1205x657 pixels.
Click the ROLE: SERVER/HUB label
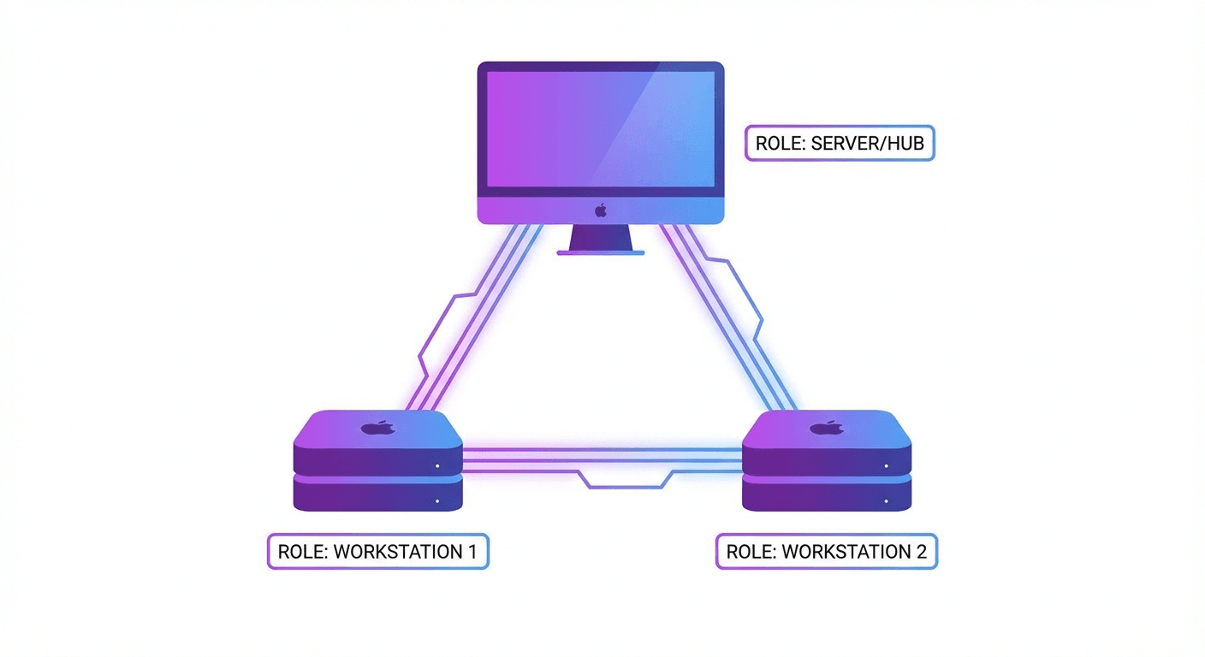[x=840, y=143]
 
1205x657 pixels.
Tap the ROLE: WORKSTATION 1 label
[x=377, y=552]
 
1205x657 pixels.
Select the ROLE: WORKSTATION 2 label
[x=826, y=552]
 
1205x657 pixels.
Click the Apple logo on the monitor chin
[x=601, y=210]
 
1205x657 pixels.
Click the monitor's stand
[x=600, y=240]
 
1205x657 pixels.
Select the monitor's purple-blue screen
[x=600, y=128]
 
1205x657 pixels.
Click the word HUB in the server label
[x=905, y=143]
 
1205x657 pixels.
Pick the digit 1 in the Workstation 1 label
[x=471, y=552]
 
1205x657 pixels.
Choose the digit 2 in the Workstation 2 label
[x=921, y=552]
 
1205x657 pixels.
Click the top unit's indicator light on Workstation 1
[x=436, y=467]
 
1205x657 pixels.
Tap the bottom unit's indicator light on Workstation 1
[x=436, y=500]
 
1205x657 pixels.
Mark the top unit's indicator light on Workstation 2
[x=886, y=467]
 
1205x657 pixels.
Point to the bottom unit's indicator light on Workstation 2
[x=886, y=500]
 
